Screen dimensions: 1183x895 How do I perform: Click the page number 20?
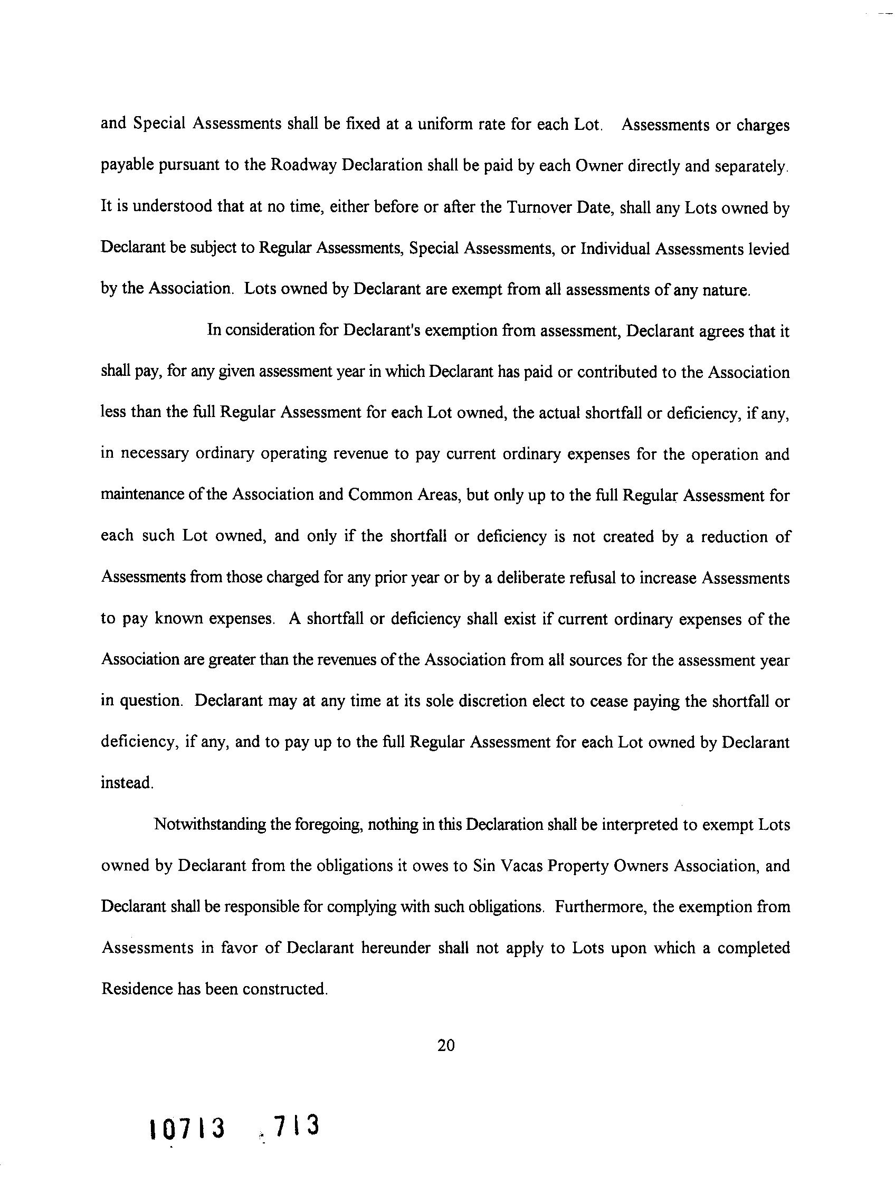pyautogui.click(x=445, y=1045)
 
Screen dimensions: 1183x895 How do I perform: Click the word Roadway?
pyautogui.click(x=303, y=165)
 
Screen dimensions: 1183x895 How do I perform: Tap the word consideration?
pyautogui.click(x=270, y=330)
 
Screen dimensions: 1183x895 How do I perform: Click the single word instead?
pyautogui.click(x=127, y=783)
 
